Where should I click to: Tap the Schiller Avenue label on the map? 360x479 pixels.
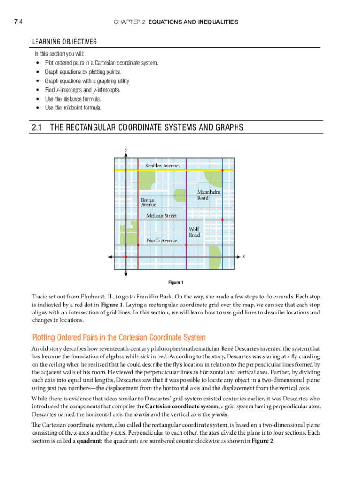pyautogui.click(x=162, y=166)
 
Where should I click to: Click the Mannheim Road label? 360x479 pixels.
pyautogui.click(x=209, y=195)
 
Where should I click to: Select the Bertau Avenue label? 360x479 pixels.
pyautogui.click(x=149, y=202)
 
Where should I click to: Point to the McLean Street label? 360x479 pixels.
pyautogui.click(x=162, y=216)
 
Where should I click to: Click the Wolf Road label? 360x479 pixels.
pyautogui.click(x=194, y=232)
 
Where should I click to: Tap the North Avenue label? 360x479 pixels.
pyautogui.click(x=162, y=240)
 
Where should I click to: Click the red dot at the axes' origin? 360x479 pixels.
pyautogui.click(x=126, y=257)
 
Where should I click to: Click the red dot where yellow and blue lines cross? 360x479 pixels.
pyautogui.click(x=222, y=170)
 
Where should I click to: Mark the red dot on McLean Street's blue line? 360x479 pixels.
pyautogui.click(x=222, y=219)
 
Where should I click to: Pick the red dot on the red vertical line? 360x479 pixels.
pyautogui.click(x=138, y=244)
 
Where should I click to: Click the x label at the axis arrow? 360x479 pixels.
pyautogui.click(x=244, y=257)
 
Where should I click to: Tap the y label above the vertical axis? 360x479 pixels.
pyautogui.click(x=125, y=150)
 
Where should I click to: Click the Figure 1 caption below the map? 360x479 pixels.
pyautogui.click(x=176, y=283)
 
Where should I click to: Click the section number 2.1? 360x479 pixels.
pyautogui.click(x=37, y=128)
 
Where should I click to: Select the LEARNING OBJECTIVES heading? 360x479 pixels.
pyautogui.click(x=65, y=42)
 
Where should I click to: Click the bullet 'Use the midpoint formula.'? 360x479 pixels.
pyautogui.click(x=73, y=108)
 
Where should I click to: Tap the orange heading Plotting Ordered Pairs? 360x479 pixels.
pyautogui.click(x=118, y=338)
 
